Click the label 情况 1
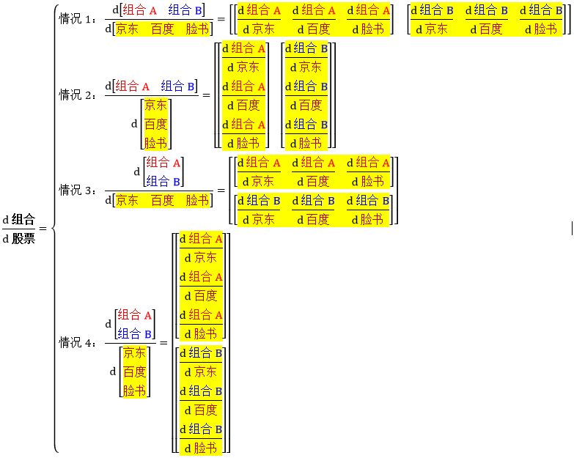(x=77, y=19)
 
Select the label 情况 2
(x=77, y=95)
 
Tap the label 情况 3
(x=77, y=190)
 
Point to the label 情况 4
(x=77, y=341)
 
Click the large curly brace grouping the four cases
(x=54, y=228)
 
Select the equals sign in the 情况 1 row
(x=220, y=19)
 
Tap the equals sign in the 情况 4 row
(x=163, y=342)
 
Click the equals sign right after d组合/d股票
(x=42, y=229)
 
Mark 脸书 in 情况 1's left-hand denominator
(x=197, y=29)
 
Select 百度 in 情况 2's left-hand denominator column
(x=155, y=123)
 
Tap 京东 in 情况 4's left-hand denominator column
(x=134, y=353)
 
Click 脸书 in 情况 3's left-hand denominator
(x=197, y=199)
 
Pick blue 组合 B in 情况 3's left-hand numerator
(x=163, y=181)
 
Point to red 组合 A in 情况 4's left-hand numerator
(x=136, y=315)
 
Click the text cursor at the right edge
(x=571, y=229)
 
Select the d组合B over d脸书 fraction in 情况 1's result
(x=543, y=20)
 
